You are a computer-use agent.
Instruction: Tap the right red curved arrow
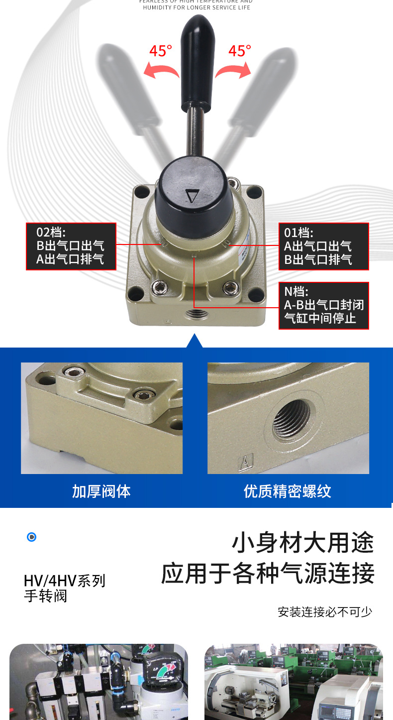point(233,70)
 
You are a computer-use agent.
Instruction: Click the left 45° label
point(161,51)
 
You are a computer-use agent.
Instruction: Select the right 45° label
point(240,51)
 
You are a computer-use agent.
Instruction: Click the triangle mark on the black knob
point(191,196)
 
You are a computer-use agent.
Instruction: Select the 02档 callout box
point(71,246)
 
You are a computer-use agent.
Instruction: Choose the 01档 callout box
point(323,246)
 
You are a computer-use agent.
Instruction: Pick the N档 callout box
point(323,305)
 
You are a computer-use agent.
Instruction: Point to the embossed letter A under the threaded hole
point(244,463)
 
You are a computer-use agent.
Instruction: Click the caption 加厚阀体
point(101,491)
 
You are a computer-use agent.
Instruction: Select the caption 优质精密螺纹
point(288,491)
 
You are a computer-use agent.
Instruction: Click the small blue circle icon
point(32,537)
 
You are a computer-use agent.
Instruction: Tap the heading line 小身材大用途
point(302,543)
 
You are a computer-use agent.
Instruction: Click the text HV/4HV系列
point(65,581)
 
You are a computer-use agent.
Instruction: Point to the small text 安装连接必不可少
point(325,611)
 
